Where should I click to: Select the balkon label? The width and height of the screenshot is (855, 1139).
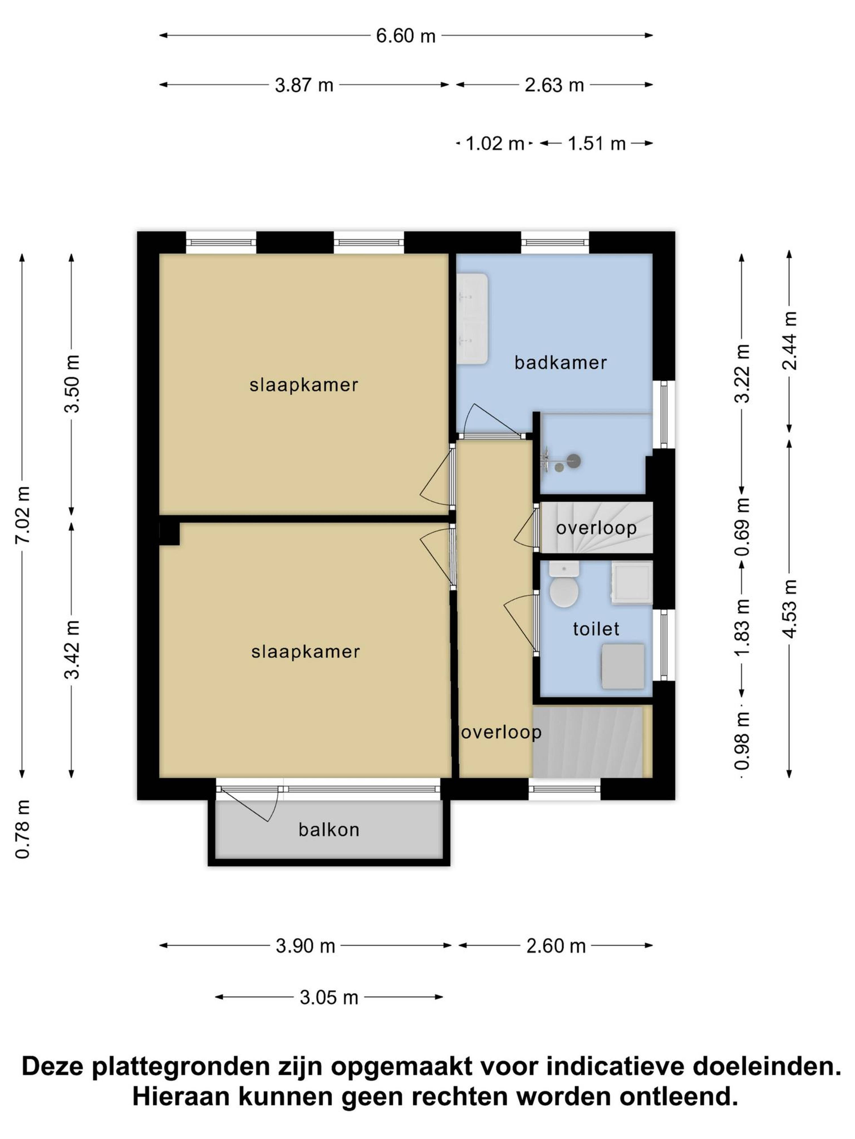[x=329, y=830]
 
